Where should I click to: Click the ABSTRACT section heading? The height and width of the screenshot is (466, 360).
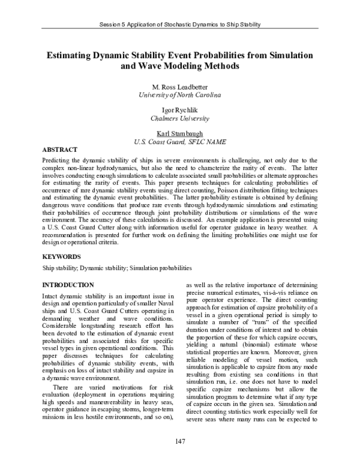tap(60, 148)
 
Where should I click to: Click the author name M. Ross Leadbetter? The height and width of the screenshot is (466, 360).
tap(179, 87)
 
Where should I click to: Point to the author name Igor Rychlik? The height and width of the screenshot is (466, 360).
tap(179, 110)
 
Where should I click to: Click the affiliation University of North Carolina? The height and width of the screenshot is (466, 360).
tap(179, 95)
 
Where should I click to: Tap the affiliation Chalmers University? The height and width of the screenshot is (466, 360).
tap(179, 119)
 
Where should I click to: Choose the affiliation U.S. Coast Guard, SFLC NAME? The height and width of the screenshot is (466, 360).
tap(179, 142)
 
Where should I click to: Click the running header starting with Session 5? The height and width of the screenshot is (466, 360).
tap(179, 25)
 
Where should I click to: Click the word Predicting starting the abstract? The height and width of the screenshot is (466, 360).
tap(57, 161)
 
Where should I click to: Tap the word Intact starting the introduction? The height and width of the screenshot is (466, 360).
tap(52, 297)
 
